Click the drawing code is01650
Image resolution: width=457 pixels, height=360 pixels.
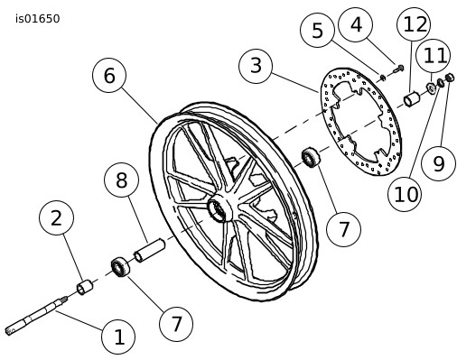coord(38,19)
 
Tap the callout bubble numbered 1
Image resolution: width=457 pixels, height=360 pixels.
coord(118,337)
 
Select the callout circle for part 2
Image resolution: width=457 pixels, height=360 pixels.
coord(56,217)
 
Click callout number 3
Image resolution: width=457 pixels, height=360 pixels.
coord(256,66)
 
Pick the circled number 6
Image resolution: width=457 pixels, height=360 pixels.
coord(109,75)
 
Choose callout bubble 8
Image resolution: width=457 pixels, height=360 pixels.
coord(121,180)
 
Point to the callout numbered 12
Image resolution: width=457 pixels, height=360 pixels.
coord(414,24)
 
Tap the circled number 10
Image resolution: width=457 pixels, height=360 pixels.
coord(405,194)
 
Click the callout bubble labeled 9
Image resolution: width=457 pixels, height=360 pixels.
coord(438,163)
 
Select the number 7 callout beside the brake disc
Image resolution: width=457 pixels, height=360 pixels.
coord(343,229)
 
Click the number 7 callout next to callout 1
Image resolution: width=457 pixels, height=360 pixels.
coord(176,324)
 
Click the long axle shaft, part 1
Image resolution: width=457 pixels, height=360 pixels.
coord(36,316)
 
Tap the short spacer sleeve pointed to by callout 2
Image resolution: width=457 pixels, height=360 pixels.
coord(85,287)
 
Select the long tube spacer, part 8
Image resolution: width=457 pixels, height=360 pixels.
coord(150,250)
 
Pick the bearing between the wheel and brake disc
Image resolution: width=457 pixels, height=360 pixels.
coord(311,157)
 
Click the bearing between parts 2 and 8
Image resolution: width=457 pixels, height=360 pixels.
coord(120,266)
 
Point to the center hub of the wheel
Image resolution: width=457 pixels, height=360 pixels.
coord(219,207)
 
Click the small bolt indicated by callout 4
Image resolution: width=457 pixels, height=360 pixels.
coord(398,69)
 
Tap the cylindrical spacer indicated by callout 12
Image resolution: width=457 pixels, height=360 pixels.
coord(412,99)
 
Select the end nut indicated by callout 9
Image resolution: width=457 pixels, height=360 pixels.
coord(449,78)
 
